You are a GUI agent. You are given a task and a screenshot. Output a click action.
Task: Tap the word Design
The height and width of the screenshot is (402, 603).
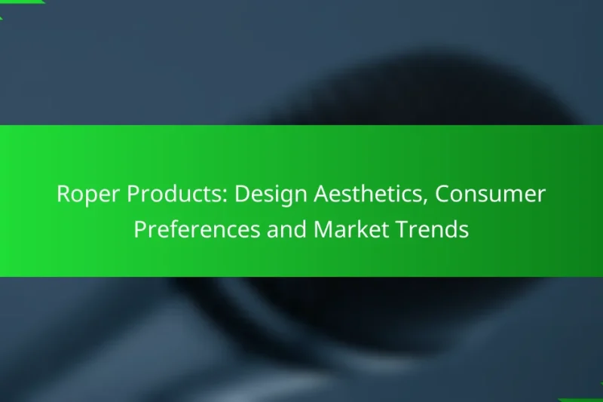(x=268, y=195)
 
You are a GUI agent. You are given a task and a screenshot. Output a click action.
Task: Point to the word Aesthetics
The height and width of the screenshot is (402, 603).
(x=362, y=195)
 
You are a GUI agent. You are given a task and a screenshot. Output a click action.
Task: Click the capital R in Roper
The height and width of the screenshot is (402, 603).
(x=63, y=195)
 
